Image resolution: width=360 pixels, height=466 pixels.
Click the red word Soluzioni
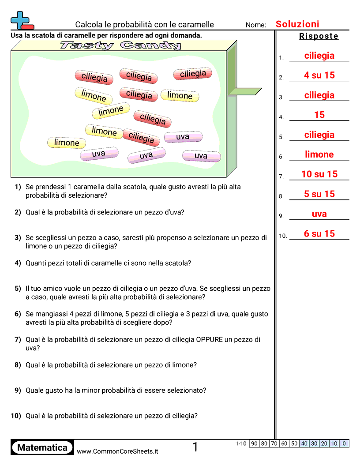pos(297,24)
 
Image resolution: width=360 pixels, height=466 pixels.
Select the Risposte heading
pos(319,36)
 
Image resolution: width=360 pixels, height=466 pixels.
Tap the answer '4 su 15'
pos(319,75)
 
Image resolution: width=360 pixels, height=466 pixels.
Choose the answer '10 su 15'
pos(319,174)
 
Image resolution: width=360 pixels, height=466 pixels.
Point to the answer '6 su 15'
pos(319,234)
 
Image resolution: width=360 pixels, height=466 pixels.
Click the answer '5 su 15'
pos(319,194)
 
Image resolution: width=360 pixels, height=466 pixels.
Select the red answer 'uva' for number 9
pos(319,214)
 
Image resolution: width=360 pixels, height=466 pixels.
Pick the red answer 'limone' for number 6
pos(319,154)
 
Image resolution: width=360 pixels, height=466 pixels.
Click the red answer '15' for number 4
pos(319,115)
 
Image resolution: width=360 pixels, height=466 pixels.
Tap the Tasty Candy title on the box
pos(120,45)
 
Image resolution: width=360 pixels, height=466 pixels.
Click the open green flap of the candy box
pos(245,91)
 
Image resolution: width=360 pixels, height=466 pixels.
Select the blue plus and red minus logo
pos(21,20)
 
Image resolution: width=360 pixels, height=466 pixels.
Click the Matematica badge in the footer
pos(42,447)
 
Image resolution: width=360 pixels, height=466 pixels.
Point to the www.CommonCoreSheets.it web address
pos(117,451)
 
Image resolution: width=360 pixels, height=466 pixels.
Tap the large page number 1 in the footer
pos(195,447)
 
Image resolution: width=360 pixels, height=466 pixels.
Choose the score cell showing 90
pos(254,443)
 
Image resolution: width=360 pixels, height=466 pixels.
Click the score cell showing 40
pos(304,443)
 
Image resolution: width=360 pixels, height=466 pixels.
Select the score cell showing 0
pos(344,443)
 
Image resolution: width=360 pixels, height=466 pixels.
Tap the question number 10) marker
pos(16,416)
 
